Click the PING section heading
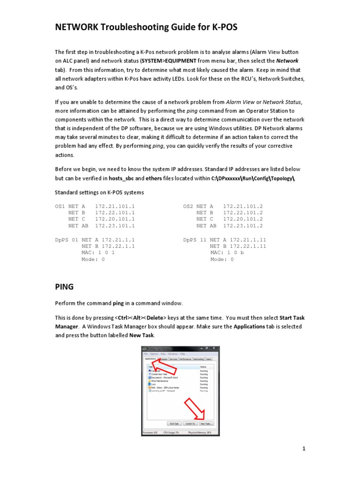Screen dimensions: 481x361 click(x=64, y=286)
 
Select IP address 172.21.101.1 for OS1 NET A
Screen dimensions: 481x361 click(x=115, y=206)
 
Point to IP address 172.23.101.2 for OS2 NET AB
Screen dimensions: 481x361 click(x=243, y=225)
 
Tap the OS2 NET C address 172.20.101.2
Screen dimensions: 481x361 click(x=243, y=219)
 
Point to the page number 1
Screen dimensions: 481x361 click(x=304, y=449)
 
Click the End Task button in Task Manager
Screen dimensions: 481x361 click(x=173, y=423)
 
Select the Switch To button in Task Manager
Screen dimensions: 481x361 click(x=189, y=423)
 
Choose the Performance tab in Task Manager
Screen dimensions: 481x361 click(x=185, y=359)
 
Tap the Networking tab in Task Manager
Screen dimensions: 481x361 click(x=198, y=359)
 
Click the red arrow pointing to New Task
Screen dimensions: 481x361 click(x=195, y=408)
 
